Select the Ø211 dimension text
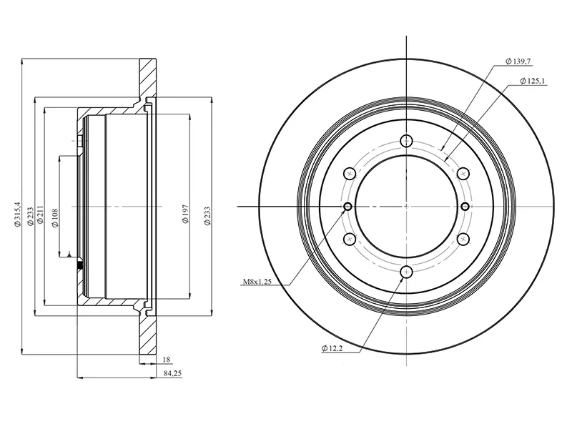tap(40, 217)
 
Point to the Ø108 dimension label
tap(55, 218)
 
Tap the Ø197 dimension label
tap(186, 214)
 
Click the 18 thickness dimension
tap(167, 360)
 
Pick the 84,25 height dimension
tap(172, 373)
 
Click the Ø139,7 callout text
tap(517, 61)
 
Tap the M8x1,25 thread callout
tap(257, 282)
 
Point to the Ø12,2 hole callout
tap(332, 348)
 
